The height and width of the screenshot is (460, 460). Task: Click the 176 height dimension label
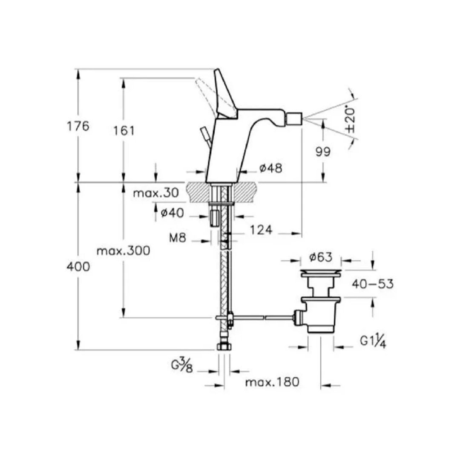pos(78,126)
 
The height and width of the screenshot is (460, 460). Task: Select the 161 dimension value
pos(124,131)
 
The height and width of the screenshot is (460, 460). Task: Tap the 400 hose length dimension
pos(78,267)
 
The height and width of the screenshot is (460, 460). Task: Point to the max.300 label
pos(124,251)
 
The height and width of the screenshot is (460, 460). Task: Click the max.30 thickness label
pos(156,193)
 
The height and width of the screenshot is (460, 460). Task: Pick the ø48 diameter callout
pos(271,168)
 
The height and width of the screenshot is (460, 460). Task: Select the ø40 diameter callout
pos(172,213)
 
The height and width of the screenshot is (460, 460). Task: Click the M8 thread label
pos(178,238)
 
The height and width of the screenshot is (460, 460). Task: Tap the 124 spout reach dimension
pos(261,230)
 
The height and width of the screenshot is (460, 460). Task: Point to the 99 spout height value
pos(323,152)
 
